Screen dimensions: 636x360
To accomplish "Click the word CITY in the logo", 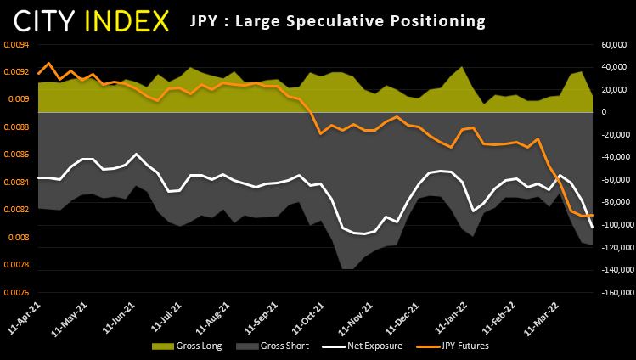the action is [x=44, y=21].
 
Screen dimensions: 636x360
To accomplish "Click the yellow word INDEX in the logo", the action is [x=127, y=21].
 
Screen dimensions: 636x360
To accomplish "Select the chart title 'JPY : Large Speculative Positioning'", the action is [x=337, y=20].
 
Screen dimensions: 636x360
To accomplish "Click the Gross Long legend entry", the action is [x=187, y=346].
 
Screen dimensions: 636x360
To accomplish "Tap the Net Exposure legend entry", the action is [x=363, y=346].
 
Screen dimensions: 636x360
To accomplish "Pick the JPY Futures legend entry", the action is [x=453, y=346].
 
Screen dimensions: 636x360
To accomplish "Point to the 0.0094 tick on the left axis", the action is [x=16, y=45].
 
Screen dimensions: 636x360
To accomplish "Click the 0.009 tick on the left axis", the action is [x=18, y=99].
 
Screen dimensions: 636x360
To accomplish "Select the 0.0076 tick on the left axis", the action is [x=16, y=293].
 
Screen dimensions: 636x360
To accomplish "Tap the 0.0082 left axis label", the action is [x=16, y=210].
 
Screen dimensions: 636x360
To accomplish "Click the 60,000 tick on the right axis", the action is [x=614, y=45].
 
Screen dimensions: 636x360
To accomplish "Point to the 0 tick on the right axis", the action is [x=604, y=112].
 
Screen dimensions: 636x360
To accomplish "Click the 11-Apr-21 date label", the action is [x=25, y=318].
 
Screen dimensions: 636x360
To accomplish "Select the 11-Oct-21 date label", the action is [x=309, y=318].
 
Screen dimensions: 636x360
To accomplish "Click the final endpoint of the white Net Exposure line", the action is [x=592, y=228].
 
